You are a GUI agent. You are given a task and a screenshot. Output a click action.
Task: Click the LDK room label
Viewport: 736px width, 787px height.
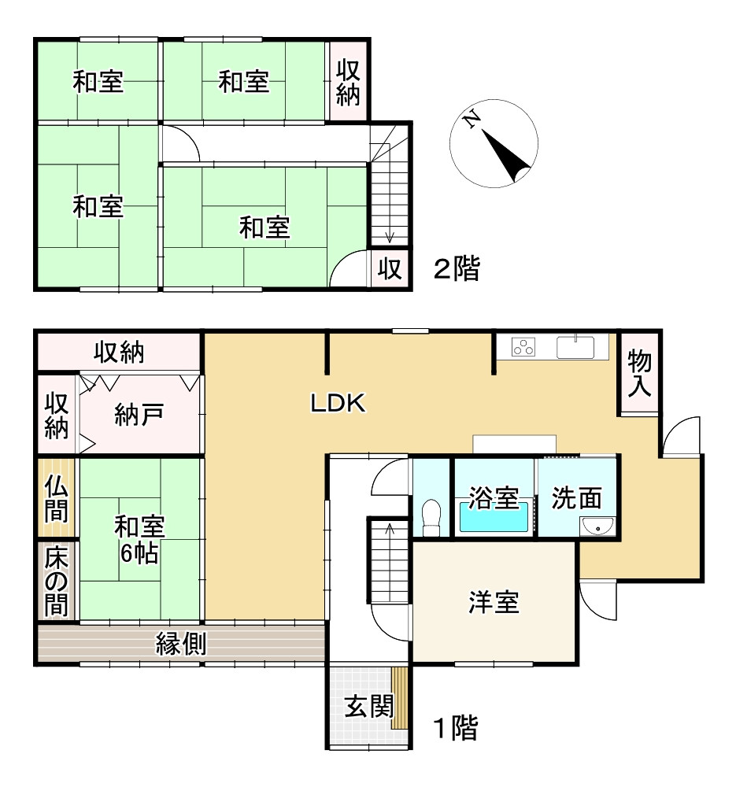coord(336,403)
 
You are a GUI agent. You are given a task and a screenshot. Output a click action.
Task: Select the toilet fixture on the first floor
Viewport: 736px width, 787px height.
coord(431,517)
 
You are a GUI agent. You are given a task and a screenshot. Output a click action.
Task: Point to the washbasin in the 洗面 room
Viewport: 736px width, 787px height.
coord(597,526)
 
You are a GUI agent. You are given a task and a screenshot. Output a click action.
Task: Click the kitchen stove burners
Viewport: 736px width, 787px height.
coord(523,346)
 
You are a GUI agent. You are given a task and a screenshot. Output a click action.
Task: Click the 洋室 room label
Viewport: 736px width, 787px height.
coord(494,604)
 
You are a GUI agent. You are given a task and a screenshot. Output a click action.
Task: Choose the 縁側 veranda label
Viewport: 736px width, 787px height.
coord(180,644)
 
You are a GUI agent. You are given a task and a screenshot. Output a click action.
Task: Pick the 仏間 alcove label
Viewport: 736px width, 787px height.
coord(55,498)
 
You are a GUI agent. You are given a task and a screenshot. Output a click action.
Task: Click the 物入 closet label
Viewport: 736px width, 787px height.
coord(639,373)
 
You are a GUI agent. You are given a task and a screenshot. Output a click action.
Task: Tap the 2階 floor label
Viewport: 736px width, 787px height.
coord(456,270)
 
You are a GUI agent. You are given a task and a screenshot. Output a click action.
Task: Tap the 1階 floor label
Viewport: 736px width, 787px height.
coord(456,729)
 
